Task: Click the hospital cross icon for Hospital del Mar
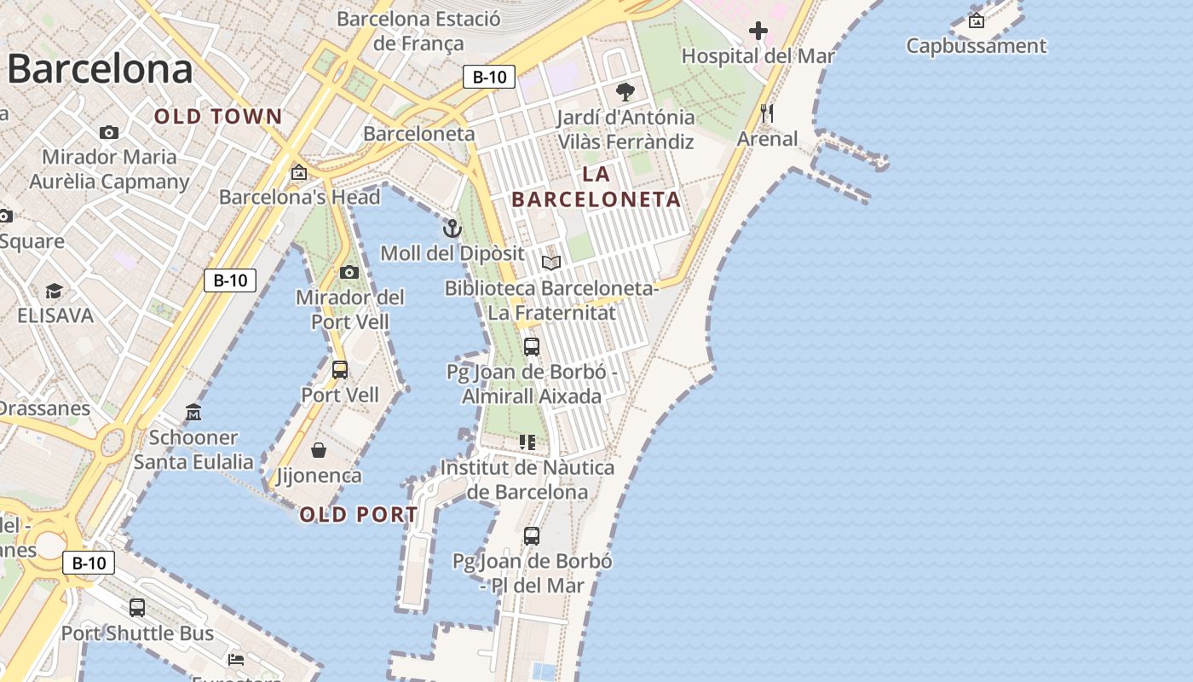point(758,32)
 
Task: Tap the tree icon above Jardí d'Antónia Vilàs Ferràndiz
point(625,92)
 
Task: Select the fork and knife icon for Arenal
point(767,113)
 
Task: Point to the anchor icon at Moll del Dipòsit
point(452,228)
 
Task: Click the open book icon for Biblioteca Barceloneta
point(551,263)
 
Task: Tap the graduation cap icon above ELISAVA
point(55,292)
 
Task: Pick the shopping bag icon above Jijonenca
point(319,450)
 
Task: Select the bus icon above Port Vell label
point(339,370)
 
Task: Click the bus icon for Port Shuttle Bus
point(137,608)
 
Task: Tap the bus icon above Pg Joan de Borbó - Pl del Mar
point(532,536)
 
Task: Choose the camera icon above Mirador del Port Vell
point(349,273)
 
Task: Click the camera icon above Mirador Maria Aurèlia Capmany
point(109,132)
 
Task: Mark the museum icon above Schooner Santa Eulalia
point(193,413)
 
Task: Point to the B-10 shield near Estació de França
point(489,77)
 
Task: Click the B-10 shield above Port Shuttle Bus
point(89,563)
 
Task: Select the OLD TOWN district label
point(218,117)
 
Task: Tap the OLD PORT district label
point(359,515)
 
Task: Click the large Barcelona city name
point(100,69)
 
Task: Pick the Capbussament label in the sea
point(976,46)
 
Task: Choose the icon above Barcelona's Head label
point(299,173)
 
